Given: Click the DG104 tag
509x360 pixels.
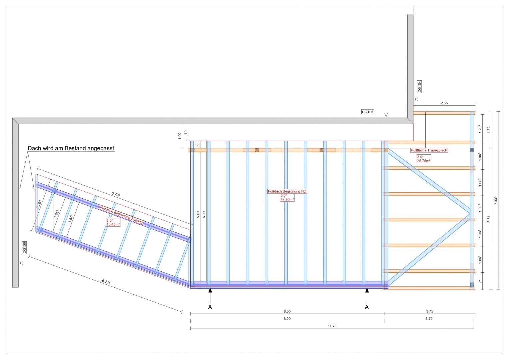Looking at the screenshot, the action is pos(419,86).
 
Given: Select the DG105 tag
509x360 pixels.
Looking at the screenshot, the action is pos(368,112).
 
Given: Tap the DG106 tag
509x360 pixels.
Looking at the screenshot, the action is pos(24,248).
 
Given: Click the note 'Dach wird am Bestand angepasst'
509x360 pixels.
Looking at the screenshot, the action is pos(71,148).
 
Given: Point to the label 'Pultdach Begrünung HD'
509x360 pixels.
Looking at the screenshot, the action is pos(287,191).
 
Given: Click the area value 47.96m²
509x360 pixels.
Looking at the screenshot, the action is pos(287,199).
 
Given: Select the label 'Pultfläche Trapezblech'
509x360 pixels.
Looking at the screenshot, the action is pos(429,150).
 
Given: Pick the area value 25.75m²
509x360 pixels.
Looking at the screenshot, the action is pos(424,161).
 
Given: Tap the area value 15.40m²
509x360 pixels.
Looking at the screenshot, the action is pos(113,224).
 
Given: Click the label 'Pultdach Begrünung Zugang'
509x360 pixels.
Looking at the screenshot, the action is pos(122,215).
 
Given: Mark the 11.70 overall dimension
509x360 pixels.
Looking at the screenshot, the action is pos(332,326).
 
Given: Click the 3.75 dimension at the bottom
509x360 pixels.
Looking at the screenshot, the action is pos(430,312).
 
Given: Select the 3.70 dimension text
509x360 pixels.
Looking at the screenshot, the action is pos(429,319).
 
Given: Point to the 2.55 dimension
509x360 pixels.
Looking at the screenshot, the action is pos(444,103).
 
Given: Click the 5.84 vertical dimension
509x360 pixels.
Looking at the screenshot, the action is pos(489,219).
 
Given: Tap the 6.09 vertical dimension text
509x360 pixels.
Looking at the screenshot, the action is pos(204,215).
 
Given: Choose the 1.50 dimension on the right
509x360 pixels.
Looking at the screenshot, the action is pos(489,130).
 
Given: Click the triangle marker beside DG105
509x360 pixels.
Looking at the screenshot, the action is pos(386,115).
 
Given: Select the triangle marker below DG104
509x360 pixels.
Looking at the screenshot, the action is pos(416,99).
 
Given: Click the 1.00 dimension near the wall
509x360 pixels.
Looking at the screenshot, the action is pos(180,136).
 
